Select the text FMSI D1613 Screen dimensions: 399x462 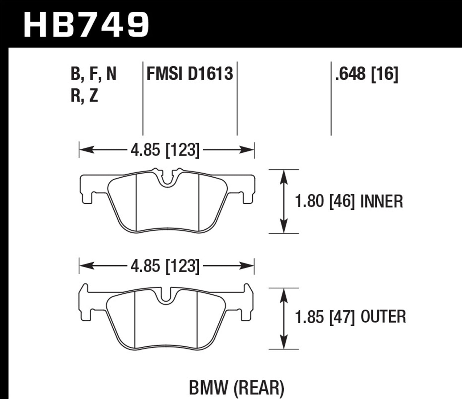point(189,74)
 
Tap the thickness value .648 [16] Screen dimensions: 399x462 point(367,74)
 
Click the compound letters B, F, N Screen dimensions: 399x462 point(93,74)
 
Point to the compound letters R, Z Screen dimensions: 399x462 point(84,96)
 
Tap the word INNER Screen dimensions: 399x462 point(382,202)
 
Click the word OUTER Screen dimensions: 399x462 point(383,317)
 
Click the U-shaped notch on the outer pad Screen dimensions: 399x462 point(165,297)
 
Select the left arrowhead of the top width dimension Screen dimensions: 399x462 point(85,150)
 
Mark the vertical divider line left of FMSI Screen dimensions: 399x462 point(143,99)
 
